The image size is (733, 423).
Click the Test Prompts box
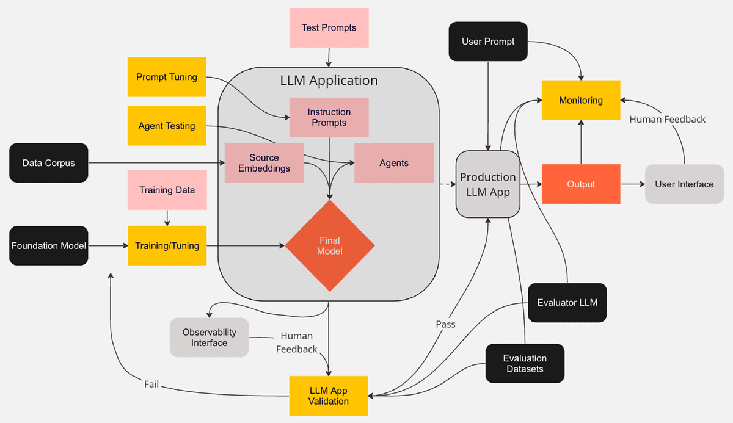[x=329, y=27]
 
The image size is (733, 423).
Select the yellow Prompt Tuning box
[x=167, y=77]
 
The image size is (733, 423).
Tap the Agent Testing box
[x=167, y=126]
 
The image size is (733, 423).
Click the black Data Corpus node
[x=48, y=163]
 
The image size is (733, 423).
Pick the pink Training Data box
[x=167, y=190]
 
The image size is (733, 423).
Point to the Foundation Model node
[x=48, y=245]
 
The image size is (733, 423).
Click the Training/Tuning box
[x=167, y=245]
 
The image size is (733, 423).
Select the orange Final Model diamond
[x=330, y=245]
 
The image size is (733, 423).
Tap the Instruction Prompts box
[x=329, y=117]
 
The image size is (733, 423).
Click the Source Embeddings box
[x=264, y=163]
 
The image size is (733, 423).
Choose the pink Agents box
[x=394, y=163]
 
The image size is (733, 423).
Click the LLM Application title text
[x=329, y=81]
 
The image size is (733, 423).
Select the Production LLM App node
[x=487, y=184]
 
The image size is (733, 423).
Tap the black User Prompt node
[x=488, y=42]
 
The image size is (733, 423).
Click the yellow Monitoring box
[x=581, y=100]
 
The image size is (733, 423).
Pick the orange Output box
[x=581, y=184]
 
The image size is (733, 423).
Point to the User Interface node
[x=684, y=184]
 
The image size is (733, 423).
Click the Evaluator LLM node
[x=567, y=302]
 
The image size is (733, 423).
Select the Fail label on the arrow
[x=151, y=385]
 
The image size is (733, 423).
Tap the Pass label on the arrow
[x=445, y=324]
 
